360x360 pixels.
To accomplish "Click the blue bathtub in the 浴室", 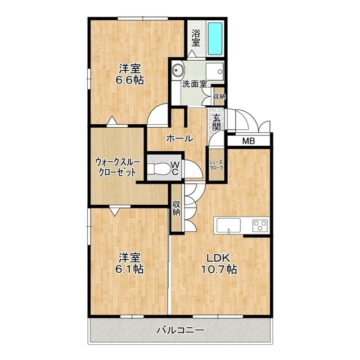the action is (215, 39).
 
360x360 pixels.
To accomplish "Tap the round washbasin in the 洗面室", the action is (178, 70).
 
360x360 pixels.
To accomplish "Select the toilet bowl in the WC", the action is (159, 168).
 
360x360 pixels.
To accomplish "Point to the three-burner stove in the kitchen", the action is (260, 226).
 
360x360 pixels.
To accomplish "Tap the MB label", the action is (249, 141).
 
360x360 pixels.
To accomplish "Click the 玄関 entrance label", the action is (216, 123).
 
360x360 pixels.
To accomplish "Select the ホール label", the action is (180, 138).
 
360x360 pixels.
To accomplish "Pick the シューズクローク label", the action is (216, 165).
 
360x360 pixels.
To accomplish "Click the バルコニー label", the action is (181, 330).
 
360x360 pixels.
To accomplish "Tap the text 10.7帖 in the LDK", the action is (219, 269).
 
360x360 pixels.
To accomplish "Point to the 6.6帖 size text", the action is (130, 80).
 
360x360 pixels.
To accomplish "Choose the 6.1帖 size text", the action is (130, 269).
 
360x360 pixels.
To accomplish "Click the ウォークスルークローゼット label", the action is (118, 167).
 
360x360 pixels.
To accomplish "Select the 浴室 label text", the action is (196, 38).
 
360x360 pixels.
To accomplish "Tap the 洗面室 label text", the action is (195, 84).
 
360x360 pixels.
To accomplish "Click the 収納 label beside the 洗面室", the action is (219, 96).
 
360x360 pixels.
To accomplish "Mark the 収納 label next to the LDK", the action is (176, 208).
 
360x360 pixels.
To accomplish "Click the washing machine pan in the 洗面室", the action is (215, 71).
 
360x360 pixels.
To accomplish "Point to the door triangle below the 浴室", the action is (191, 53).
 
